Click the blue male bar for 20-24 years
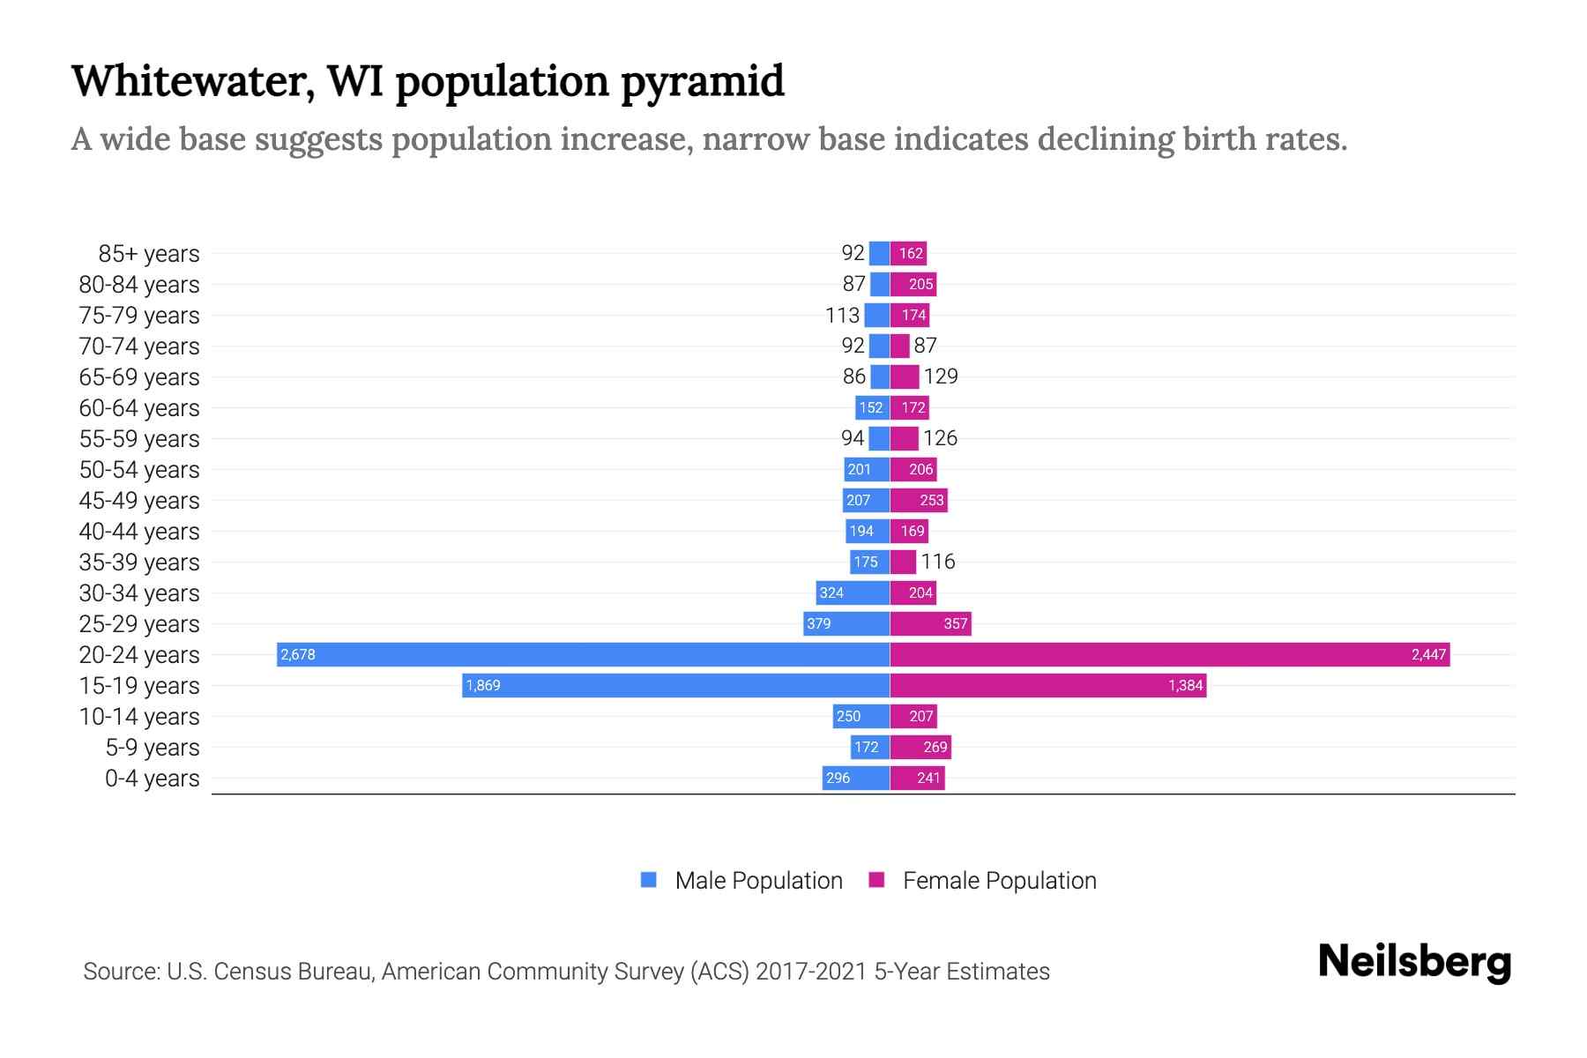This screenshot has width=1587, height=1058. [x=582, y=654]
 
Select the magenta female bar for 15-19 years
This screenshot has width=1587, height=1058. [x=1047, y=685]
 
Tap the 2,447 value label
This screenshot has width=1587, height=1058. [x=1428, y=654]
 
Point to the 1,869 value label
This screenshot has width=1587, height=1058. [x=483, y=685]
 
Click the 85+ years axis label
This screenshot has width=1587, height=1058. [x=149, y=254]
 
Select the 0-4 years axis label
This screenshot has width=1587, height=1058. [x=152, y=779]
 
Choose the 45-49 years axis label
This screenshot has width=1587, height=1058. [x=139, y=501]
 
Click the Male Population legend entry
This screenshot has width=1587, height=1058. [x=758, y=881]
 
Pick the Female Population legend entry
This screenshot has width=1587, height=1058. [x=999, y=881]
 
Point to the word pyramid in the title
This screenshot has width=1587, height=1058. [x=702, y=81]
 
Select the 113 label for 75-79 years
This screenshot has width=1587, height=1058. [x=842, y=316]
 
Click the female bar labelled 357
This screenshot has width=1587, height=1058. [x=930, y=623]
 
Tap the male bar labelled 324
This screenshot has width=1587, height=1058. [x=853, y=592]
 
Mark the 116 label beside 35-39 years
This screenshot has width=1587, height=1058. [x=938, y=562]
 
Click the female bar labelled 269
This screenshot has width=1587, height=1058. [x=920, y=748]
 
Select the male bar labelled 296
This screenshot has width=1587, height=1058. [x=855, y=778]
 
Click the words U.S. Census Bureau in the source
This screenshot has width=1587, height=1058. [x=270, y=972]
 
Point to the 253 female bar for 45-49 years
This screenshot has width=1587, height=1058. [x=919, y=501]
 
